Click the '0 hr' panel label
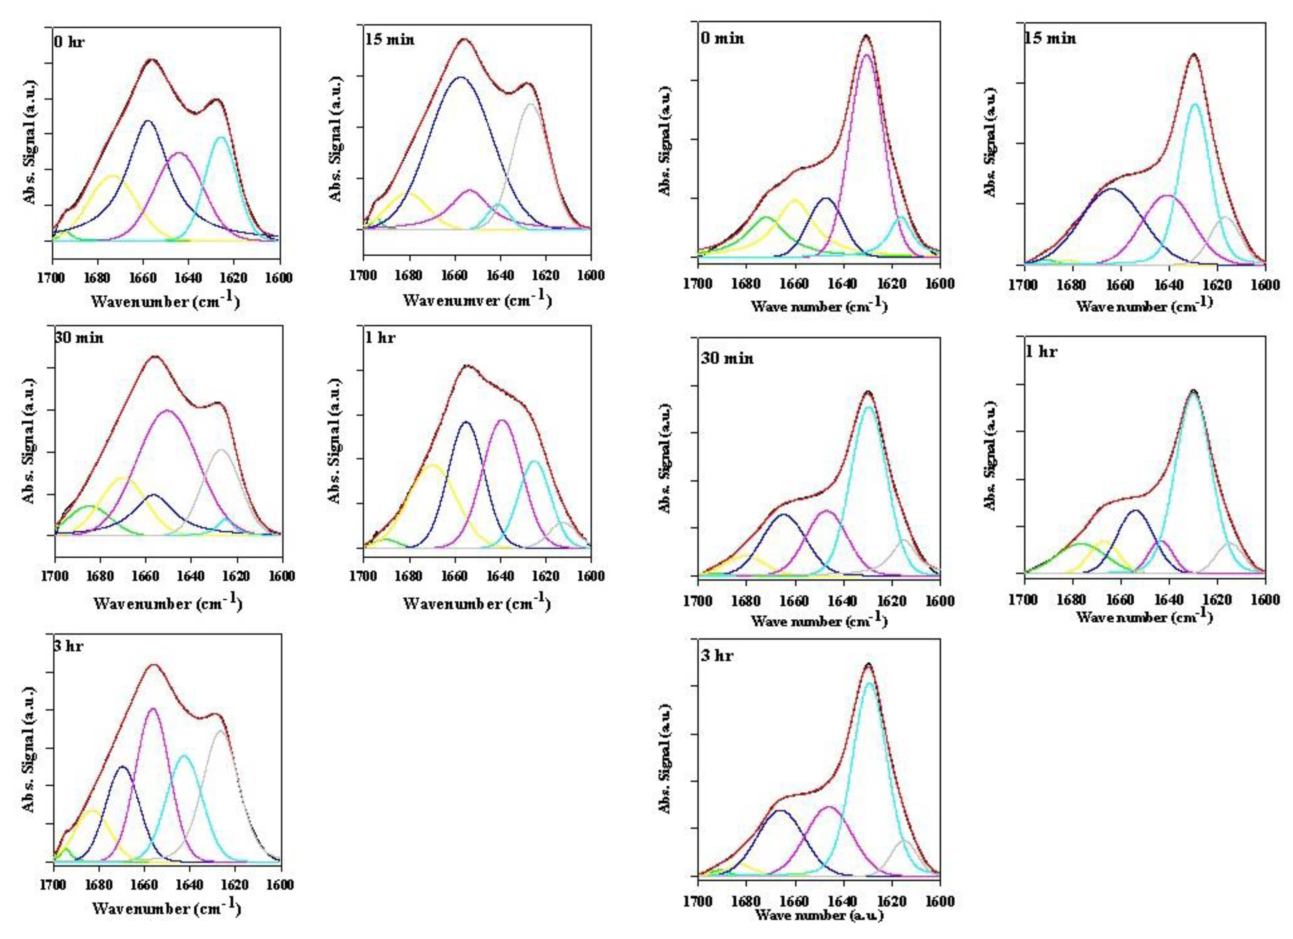click(69, 42)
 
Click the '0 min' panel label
click(722, 39)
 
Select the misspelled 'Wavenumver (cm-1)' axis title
click(477, 300)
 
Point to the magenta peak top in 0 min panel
click(866, 55)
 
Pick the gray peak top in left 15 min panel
click(530, 104)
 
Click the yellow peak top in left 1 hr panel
click(432, 465)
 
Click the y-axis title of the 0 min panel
click(665, 141)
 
